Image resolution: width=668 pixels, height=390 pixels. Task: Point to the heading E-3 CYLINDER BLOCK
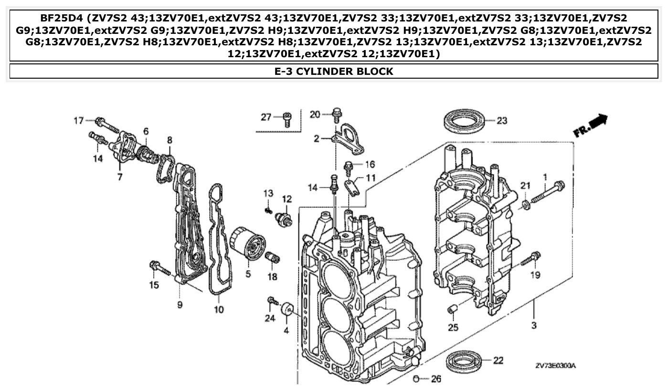334,72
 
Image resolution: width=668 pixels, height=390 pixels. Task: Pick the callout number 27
265,117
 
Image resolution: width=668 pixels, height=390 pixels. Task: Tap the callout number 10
218,309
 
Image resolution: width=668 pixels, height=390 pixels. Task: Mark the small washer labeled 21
525,205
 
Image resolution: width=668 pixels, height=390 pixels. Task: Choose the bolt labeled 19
530,259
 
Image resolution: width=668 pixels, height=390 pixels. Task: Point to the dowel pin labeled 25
453,310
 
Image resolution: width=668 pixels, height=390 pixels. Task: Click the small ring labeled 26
416,379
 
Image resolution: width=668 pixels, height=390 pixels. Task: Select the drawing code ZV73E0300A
555,366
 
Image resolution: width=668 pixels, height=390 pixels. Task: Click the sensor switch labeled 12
284,219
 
